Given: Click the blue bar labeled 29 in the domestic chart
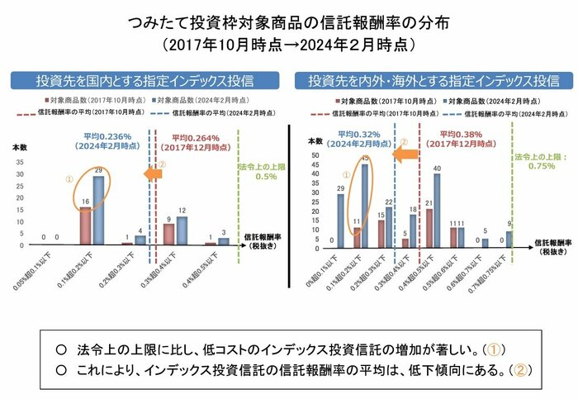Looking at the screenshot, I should tap(98, 211).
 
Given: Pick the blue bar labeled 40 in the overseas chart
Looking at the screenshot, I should tap(437, 211).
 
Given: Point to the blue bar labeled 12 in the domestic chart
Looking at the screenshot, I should tap(182, 230).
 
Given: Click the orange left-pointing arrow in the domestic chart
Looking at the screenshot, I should tap(149, 174).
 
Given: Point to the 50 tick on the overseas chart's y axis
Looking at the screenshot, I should tap(314, 155).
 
